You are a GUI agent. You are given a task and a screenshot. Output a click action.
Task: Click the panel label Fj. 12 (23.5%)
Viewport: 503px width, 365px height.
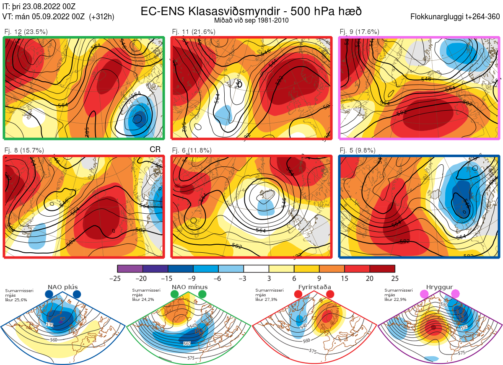[26, 32]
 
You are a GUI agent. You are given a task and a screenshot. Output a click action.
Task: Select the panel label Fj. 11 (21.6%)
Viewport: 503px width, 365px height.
[194, 32]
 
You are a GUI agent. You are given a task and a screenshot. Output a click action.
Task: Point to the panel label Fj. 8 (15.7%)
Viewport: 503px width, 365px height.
[24, 150]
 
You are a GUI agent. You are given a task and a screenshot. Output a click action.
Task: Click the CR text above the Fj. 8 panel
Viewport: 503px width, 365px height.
[155, 150]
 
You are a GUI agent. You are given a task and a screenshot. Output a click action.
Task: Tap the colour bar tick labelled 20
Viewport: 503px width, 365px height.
[369, 278]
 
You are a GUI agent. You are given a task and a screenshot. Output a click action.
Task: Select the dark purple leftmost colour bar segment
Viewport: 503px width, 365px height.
[130, 269]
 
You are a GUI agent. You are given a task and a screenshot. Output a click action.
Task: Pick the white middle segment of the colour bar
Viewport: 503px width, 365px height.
[256, 269]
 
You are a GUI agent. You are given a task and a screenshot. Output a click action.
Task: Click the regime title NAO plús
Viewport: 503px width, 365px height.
[63, 287]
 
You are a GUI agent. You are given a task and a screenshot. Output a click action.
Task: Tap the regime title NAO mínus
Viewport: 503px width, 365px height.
[189, 287]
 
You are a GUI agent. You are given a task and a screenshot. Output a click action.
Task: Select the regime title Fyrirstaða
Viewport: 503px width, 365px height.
[314, 287]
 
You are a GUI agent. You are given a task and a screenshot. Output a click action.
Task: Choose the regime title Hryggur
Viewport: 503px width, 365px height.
[440, 287]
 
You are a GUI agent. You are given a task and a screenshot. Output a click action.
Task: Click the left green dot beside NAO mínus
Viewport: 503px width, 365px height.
[174, 295]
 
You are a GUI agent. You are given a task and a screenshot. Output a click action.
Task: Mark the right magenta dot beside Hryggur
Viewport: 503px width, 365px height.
[455, 294]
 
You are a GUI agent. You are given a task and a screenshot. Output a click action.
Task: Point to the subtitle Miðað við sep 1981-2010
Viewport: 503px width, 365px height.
[251, 20]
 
